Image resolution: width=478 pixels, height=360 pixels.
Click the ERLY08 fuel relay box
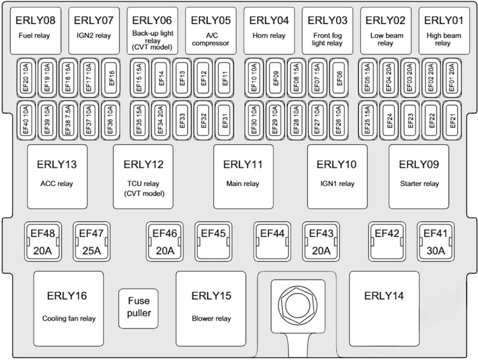[35, 30]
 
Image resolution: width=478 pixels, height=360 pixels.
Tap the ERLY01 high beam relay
[443, 30]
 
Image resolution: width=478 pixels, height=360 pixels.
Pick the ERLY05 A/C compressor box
[211, 30]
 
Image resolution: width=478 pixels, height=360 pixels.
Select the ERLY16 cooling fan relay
[69, 306]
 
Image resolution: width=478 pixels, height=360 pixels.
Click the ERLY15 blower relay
[211, 306]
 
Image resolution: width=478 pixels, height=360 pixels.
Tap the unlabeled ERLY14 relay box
[384, 306]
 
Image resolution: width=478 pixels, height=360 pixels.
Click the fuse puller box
[138, 308]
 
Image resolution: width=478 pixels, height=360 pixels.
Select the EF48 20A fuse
[41, 242]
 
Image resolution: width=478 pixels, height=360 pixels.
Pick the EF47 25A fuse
[91, 242]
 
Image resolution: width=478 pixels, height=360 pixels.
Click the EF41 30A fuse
[436, 242]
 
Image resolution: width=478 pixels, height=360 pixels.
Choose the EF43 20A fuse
[321, 242]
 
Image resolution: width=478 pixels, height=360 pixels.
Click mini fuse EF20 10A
[26, 78]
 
